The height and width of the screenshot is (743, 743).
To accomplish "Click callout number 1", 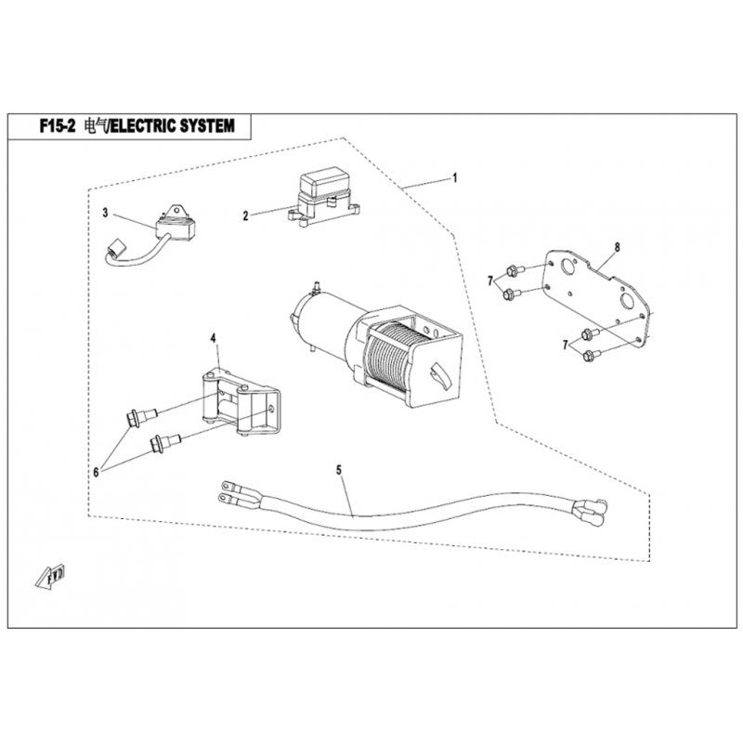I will pos(455,176).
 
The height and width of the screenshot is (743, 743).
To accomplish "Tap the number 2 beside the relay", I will pos(246,215).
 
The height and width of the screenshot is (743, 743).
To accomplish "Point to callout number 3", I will pos(106,213).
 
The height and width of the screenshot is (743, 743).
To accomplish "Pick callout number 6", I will pos(95,472).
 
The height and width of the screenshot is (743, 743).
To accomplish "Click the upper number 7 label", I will pos(489,280).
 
